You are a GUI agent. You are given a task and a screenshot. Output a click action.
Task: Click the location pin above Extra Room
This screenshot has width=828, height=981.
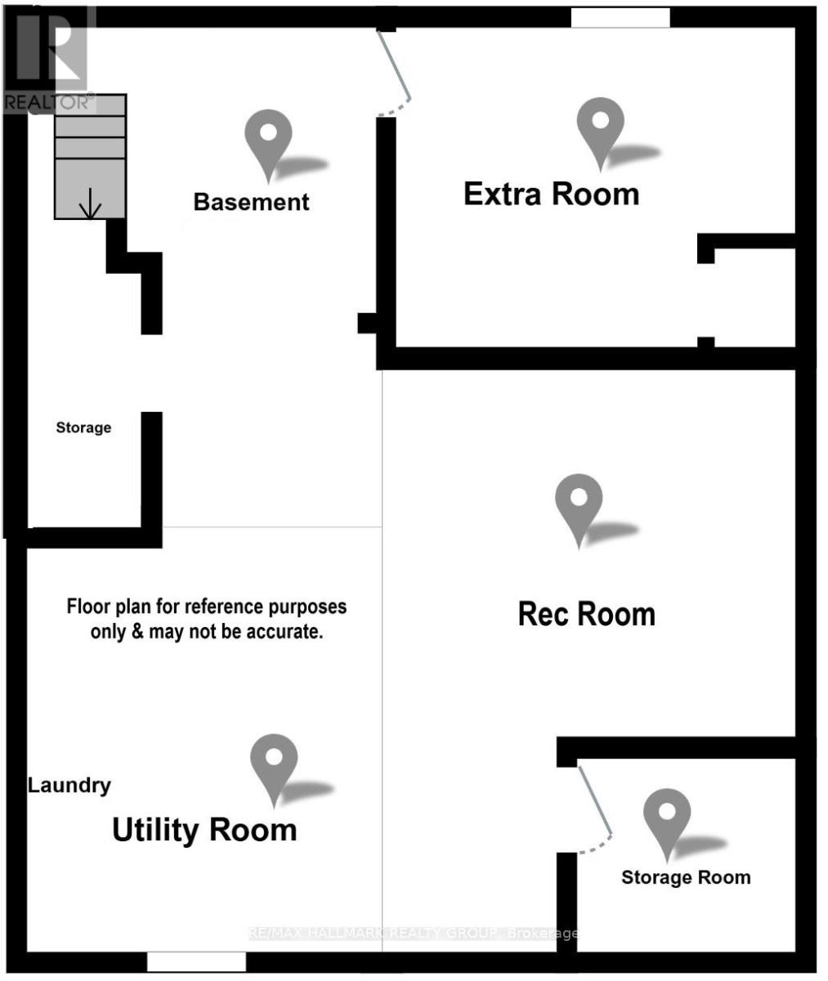601,131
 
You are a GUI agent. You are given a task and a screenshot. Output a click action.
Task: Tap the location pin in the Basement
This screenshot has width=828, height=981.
269,141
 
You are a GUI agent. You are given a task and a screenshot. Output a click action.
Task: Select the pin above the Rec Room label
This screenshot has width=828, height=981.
579,507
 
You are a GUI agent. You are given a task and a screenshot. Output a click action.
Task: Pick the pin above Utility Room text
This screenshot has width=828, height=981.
274,766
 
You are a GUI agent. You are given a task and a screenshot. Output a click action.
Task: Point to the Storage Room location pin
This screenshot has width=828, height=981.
667,821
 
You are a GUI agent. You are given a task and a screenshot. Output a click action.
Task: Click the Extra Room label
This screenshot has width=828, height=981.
551,195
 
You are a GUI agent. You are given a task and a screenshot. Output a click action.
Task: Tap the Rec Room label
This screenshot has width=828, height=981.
586,614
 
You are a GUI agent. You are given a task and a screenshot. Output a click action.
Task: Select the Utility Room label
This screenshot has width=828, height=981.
204,830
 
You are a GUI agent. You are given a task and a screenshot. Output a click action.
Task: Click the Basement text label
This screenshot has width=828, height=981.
251,202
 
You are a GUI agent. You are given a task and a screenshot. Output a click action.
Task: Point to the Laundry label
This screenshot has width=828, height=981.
69,786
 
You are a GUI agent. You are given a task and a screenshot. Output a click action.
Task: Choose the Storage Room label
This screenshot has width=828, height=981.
686,878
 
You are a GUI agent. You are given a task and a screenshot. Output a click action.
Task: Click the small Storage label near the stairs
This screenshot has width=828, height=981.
83,428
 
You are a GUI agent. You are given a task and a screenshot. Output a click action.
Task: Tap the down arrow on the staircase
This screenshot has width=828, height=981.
91,205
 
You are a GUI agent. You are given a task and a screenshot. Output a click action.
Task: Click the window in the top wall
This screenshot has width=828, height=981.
620,17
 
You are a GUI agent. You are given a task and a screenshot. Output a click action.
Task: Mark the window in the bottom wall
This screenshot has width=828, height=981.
196,961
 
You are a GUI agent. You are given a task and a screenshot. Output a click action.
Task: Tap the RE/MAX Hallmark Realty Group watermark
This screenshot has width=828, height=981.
413,934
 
